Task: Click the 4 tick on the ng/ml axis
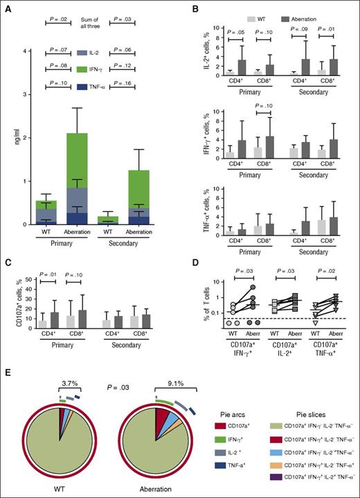point(25,51)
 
